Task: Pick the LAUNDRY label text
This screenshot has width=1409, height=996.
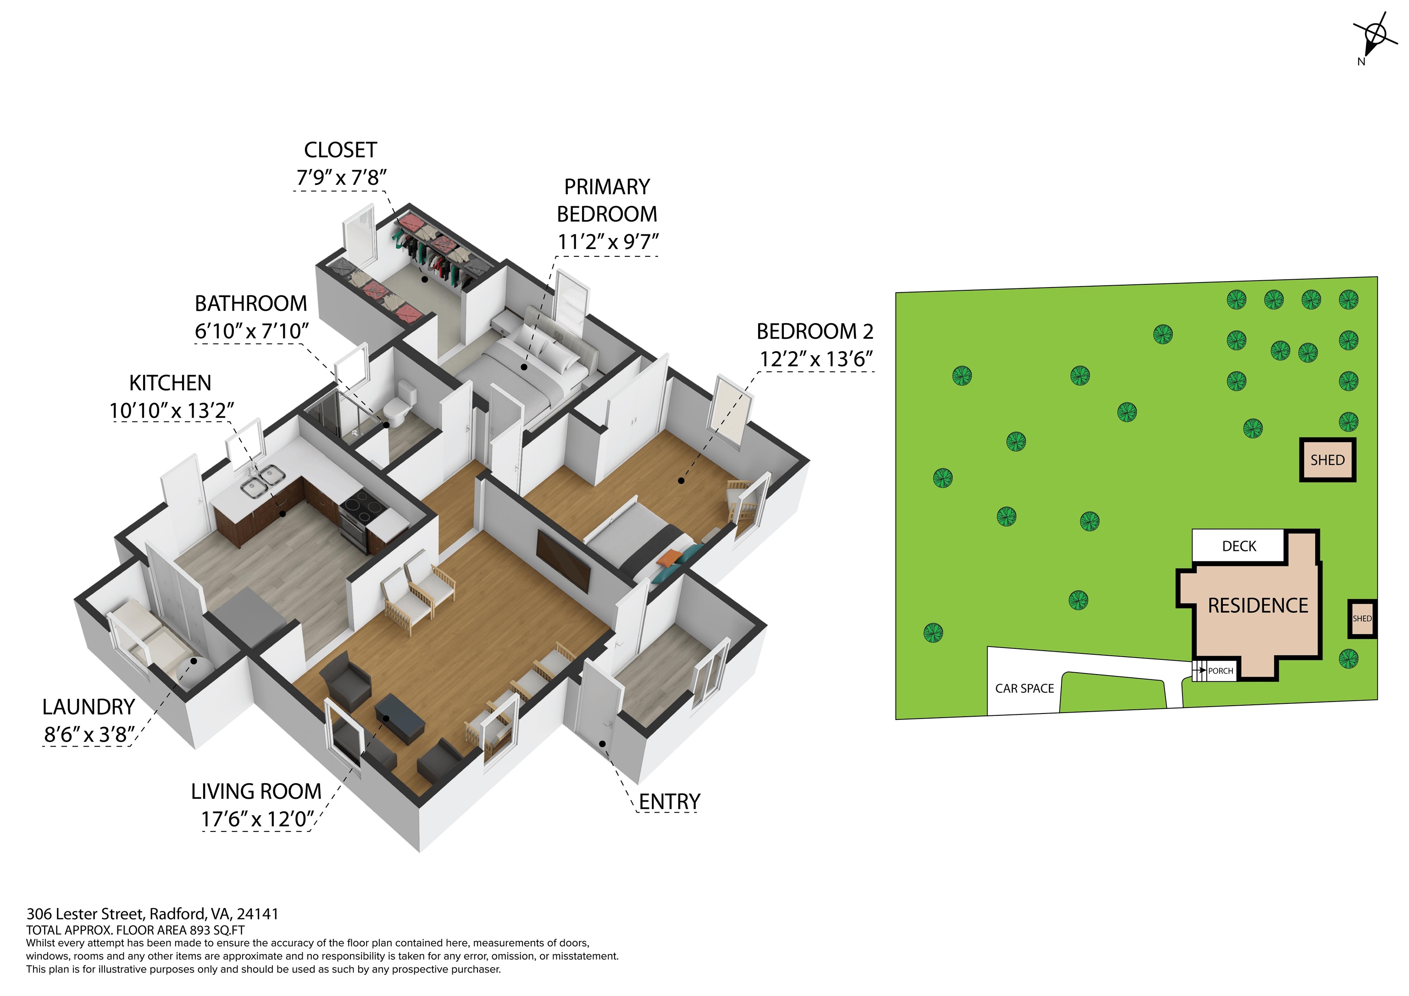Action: (89, 708)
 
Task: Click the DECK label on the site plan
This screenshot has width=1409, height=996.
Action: (1239, 546)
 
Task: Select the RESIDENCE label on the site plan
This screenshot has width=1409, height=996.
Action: (1258, 606)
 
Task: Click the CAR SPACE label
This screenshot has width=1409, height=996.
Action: (1024, 689)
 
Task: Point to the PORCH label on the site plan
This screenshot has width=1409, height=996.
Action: (1220, 671)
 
